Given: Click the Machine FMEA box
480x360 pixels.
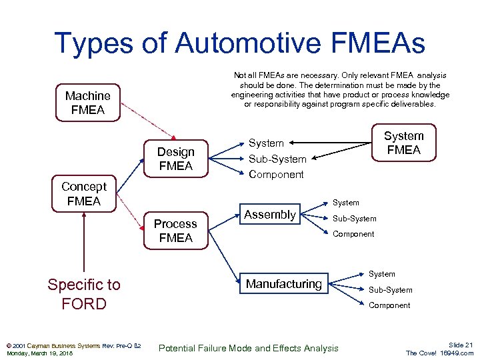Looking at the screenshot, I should [88, 103].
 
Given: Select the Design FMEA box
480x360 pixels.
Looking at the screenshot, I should [175, 159].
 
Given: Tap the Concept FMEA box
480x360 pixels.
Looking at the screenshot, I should [83, 193].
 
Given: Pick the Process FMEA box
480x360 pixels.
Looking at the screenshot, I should [175, 231].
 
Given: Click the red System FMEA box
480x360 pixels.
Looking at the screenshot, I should [403, 143].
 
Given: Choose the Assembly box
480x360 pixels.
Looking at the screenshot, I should [269, 215].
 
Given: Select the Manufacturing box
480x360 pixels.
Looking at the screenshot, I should [283, 284].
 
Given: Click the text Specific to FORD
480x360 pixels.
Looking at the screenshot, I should [84, 294].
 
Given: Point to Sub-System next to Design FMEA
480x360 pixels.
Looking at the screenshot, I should [277, 159].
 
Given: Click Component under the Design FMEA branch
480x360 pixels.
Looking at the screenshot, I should [276, 175].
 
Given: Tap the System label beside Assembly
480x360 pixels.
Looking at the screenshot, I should [345, 203].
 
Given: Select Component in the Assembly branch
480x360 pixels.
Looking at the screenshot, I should [353, 234].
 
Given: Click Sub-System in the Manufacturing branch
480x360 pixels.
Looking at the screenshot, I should [390, 290].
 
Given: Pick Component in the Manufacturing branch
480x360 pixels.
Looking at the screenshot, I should [389, 305].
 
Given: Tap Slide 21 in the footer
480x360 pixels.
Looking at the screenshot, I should [460, 345].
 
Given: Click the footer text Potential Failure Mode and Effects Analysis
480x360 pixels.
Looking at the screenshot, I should [248, 348].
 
